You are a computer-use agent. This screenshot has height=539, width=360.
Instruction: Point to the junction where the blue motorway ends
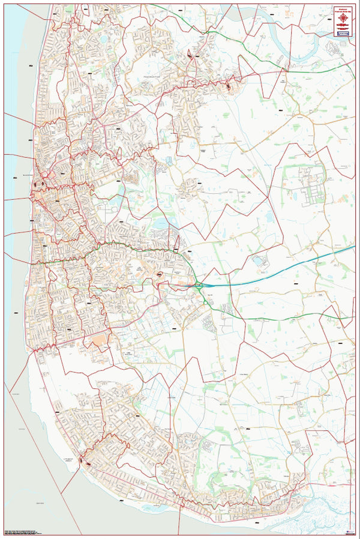[200, 287]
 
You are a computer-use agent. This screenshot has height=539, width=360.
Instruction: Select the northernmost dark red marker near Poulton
[190, 55]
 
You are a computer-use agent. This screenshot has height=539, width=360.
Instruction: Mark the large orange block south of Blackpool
[98, 340]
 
